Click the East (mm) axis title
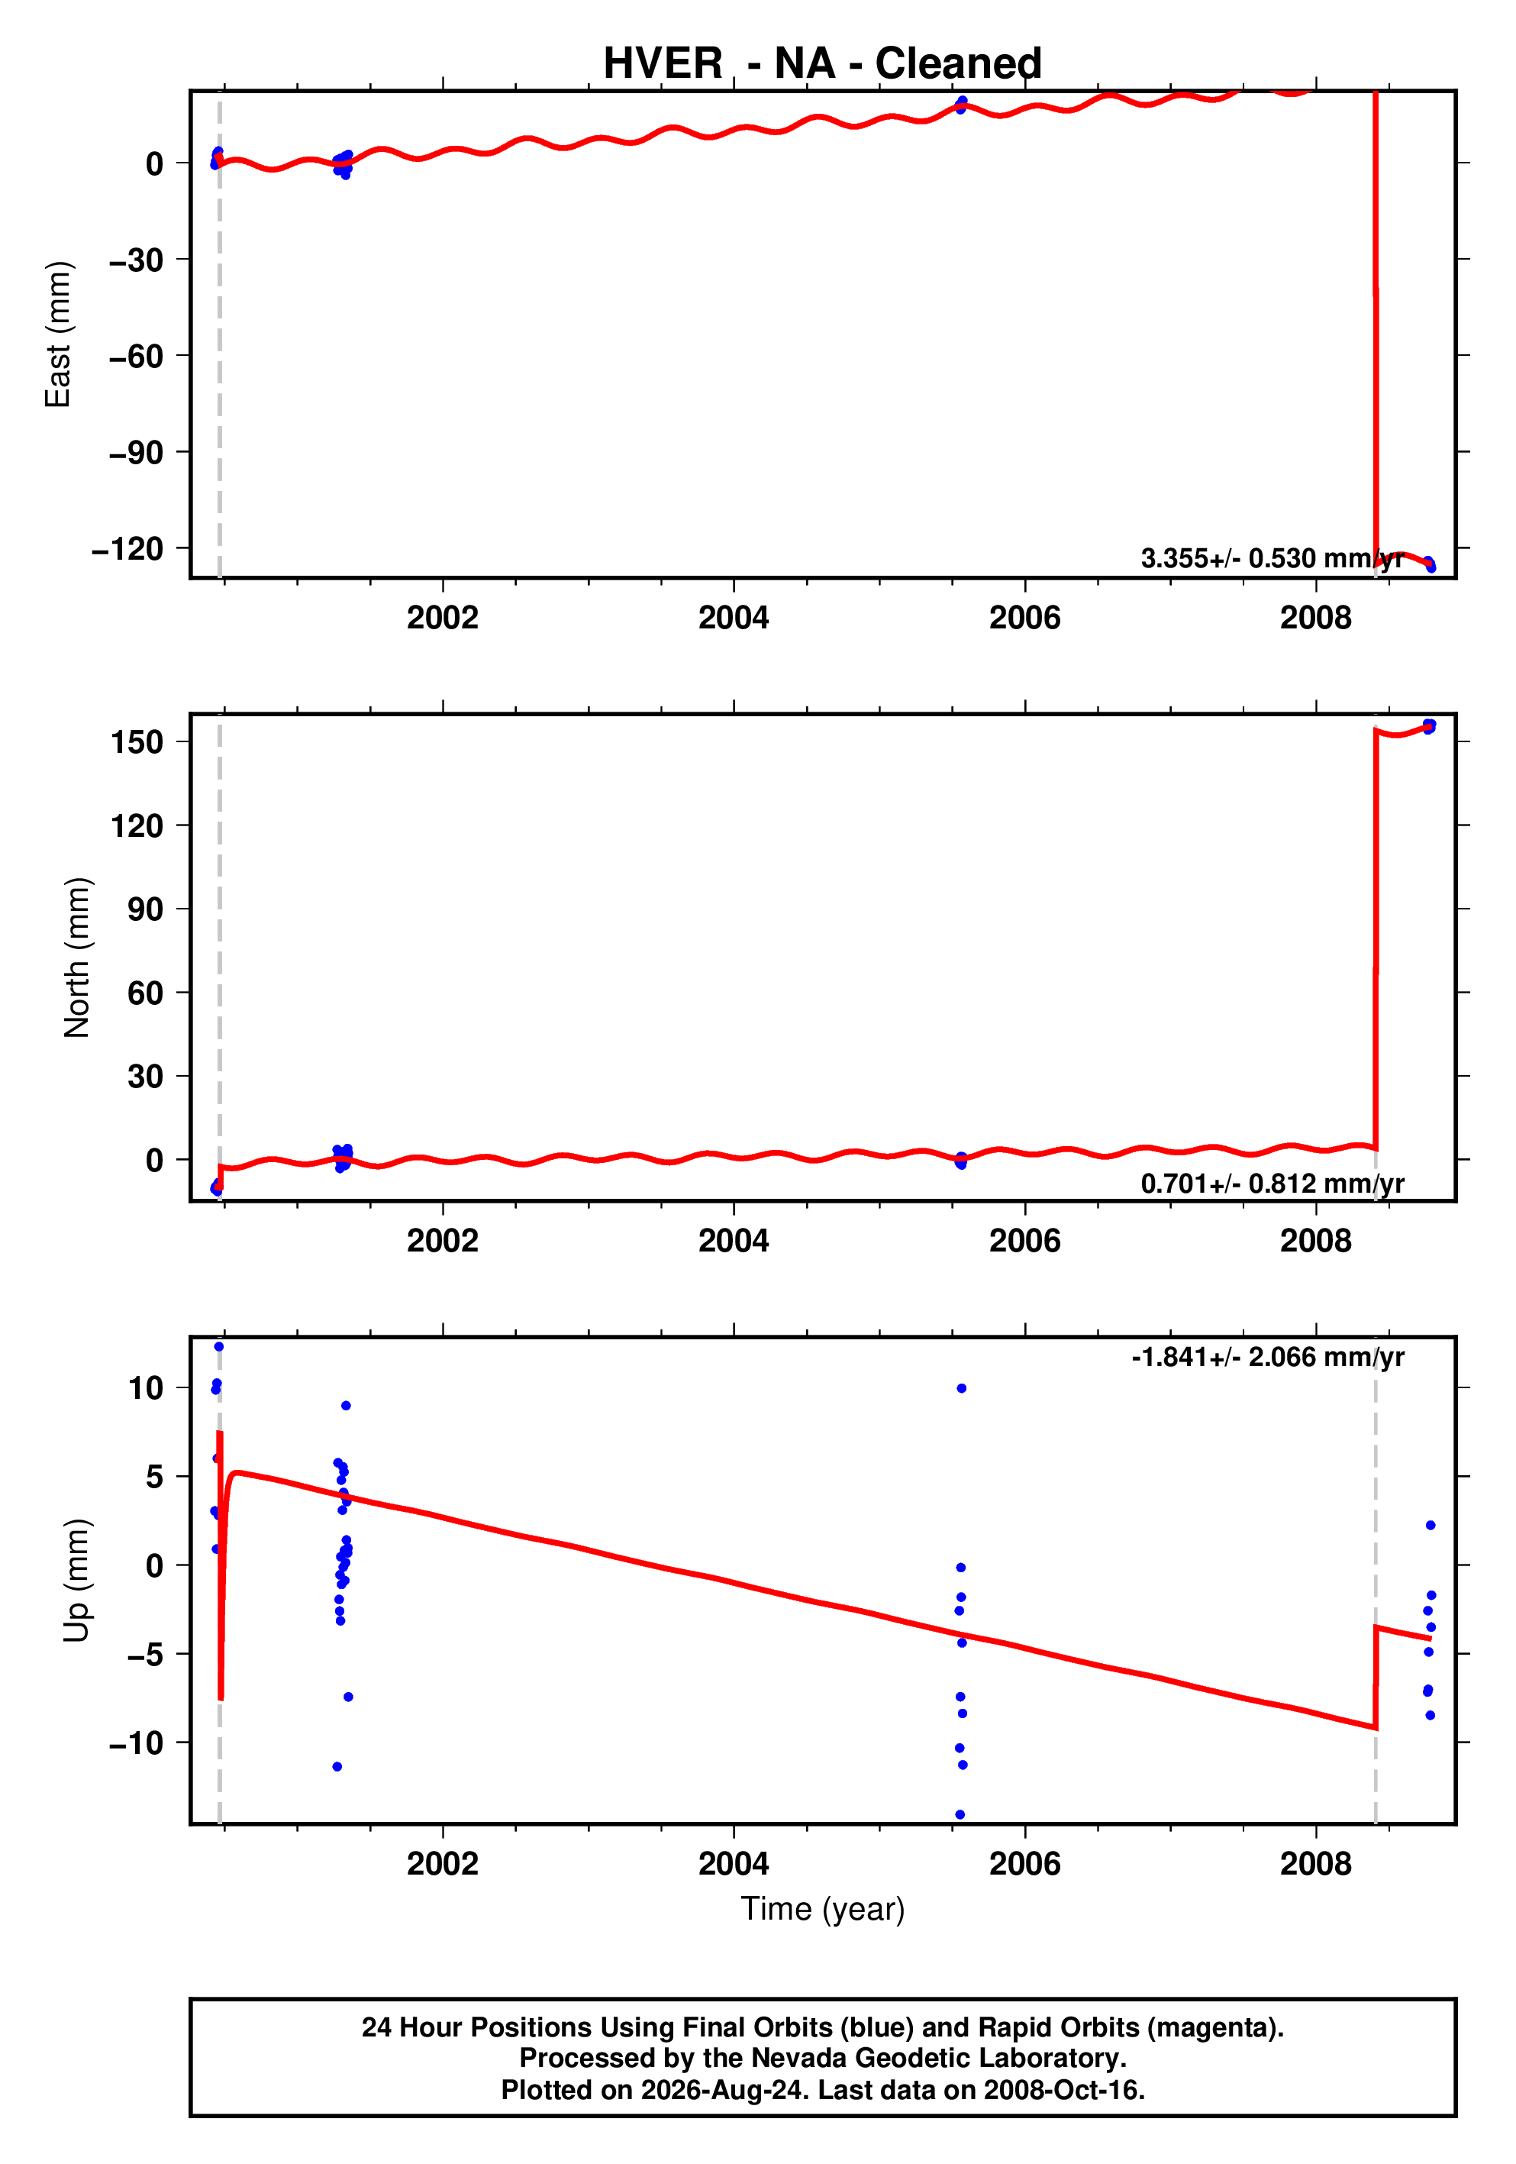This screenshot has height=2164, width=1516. [57, 334]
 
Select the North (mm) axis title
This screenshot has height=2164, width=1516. [76, 958]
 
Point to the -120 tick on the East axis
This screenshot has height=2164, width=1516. [127, 548]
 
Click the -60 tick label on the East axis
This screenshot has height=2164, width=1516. [136, 357]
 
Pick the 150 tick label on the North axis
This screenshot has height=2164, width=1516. [137, 741]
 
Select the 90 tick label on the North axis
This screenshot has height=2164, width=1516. [146, 909]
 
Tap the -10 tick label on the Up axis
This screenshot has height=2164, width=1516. [136, 1743]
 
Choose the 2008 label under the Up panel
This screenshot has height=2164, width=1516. [1315, 1863]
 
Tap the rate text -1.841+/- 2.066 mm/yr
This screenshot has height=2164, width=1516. [1267, 1357]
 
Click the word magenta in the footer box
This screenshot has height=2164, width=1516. [1215, 2027]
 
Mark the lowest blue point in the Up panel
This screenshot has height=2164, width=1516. [960, 1814]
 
